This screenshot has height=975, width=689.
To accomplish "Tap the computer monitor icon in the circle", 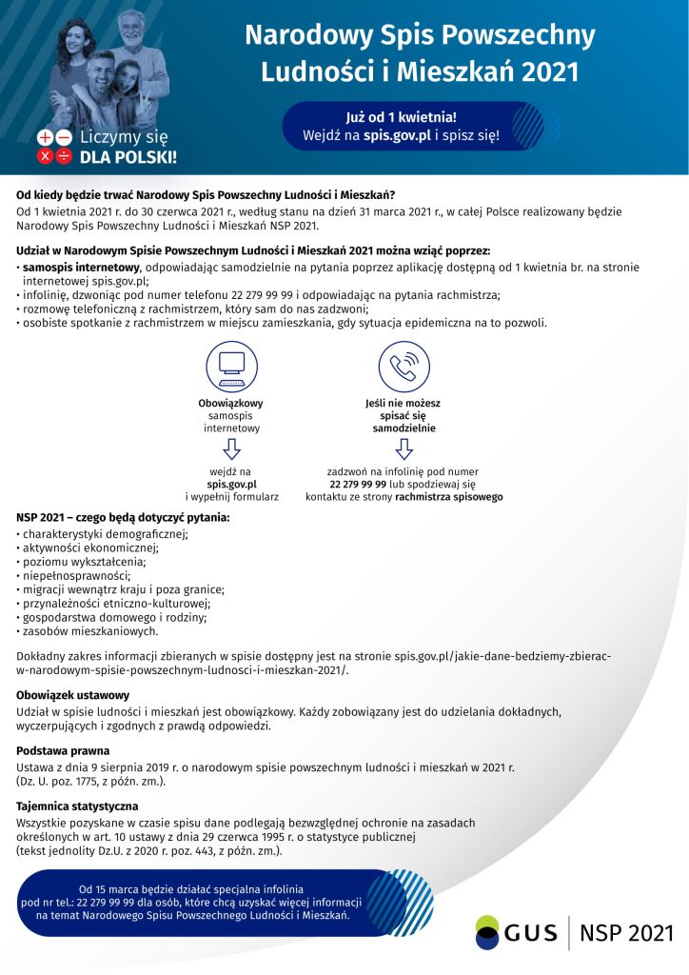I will pos(231,366).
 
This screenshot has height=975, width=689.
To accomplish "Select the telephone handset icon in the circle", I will pos(404,366).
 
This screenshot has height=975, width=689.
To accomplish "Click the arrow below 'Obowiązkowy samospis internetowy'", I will pos(231,448).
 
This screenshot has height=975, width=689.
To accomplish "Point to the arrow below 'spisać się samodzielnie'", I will pos(404,448).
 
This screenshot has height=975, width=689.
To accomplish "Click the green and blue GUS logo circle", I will pos(487,931).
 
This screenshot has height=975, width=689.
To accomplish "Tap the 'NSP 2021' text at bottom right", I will pos(625,932).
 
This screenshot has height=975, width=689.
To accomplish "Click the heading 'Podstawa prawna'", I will pos(63,750).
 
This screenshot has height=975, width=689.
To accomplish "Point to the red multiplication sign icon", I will pos(45,156).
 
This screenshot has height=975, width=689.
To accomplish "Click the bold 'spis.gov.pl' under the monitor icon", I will pos(231,484).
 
